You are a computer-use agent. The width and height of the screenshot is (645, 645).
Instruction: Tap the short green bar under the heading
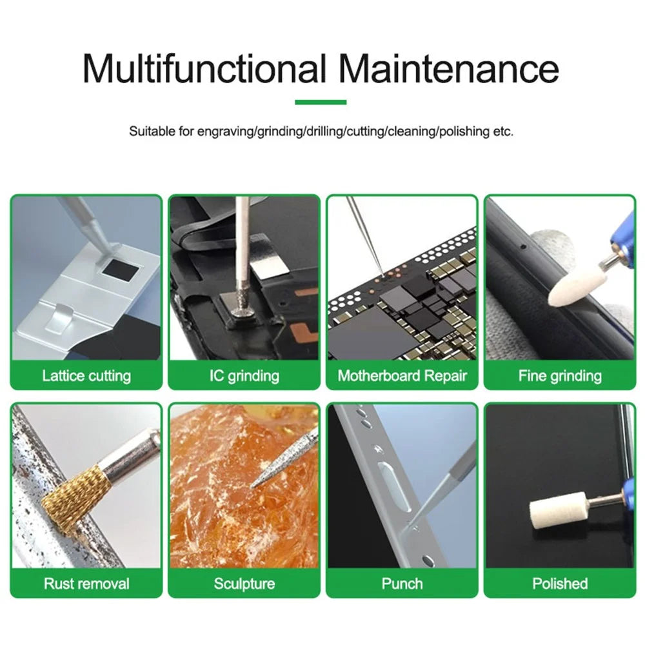(321, 102)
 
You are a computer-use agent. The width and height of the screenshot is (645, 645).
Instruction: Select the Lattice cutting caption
(86, 375)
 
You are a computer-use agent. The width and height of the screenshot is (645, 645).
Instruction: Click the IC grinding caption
(244, 375)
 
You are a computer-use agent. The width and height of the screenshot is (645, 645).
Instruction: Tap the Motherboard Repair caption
(402, 375)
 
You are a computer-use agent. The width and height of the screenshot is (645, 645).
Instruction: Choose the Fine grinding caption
(560, 375)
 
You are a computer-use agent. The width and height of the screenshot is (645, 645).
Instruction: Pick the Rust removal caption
(86, 583)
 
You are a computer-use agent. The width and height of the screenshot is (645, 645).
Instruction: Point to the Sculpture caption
(244, 583)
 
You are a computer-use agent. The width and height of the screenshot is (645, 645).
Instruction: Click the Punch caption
(402, 583)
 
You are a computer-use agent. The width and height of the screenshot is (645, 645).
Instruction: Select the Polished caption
(560, 583)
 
